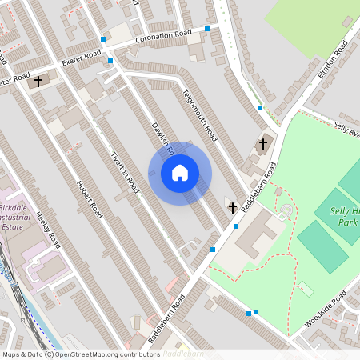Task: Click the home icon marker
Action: pyautogui.click(x=180, y=173)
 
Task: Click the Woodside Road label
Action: pyautogui.click(x=326, y=312)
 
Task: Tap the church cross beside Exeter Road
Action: pyautogui.click(x=37, y=82)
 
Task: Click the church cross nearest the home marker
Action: pyautogui.click(x=232, y=207)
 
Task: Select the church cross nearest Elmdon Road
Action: pyautogui.click(x=263, y=144)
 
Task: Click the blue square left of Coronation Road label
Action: pyautogui.click(x=103, y=38)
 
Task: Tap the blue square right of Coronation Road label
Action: pyautogui.click(x=207, y=29)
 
